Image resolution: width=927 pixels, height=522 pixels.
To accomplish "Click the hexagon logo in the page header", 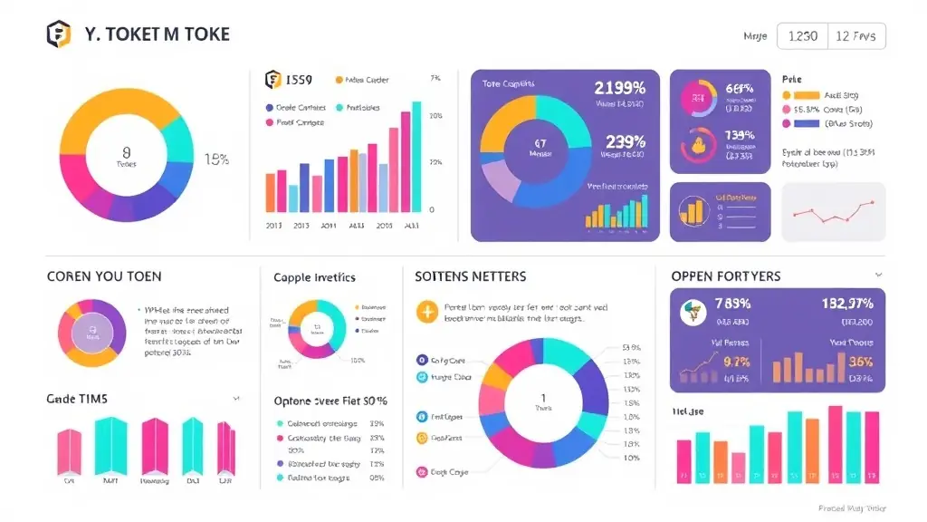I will pyautogui.click(x=59, y=34).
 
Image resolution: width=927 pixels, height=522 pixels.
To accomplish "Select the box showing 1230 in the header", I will pyautogui.click(x=803, y=35).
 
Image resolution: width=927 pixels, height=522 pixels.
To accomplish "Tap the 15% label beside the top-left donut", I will pyautogui.click(x=216, y=159).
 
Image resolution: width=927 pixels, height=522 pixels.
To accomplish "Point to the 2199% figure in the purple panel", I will pyautogui.click(x=619, y=88).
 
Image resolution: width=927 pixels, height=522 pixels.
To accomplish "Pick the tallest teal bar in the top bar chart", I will pyautogui.click(x=416, y=156).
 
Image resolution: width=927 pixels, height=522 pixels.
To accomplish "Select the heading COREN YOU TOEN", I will pyautogui.click(x=104, y=276).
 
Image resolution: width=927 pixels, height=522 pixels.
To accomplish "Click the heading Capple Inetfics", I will pyautogui.click(x=314, y=277).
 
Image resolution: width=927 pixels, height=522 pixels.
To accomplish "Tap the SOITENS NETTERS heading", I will pyautogui.click(x=470, y=275).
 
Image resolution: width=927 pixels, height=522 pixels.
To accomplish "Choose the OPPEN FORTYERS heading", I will pyautogui.click(x=726, y=275).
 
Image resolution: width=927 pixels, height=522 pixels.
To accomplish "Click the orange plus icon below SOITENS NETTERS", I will pyautogui.click(x=425, y=313).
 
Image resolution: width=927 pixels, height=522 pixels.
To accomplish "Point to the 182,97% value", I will pyautogui.click(x=847, y=303).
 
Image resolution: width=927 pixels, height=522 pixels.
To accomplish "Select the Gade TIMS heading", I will pyautogui.click(x=77, y=398).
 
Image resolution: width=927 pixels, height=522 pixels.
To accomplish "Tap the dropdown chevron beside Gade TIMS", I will pyautogui.click(x=236, y=398).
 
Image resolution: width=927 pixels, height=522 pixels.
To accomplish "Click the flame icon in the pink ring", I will pyautogui.click(x=697, y=143).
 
